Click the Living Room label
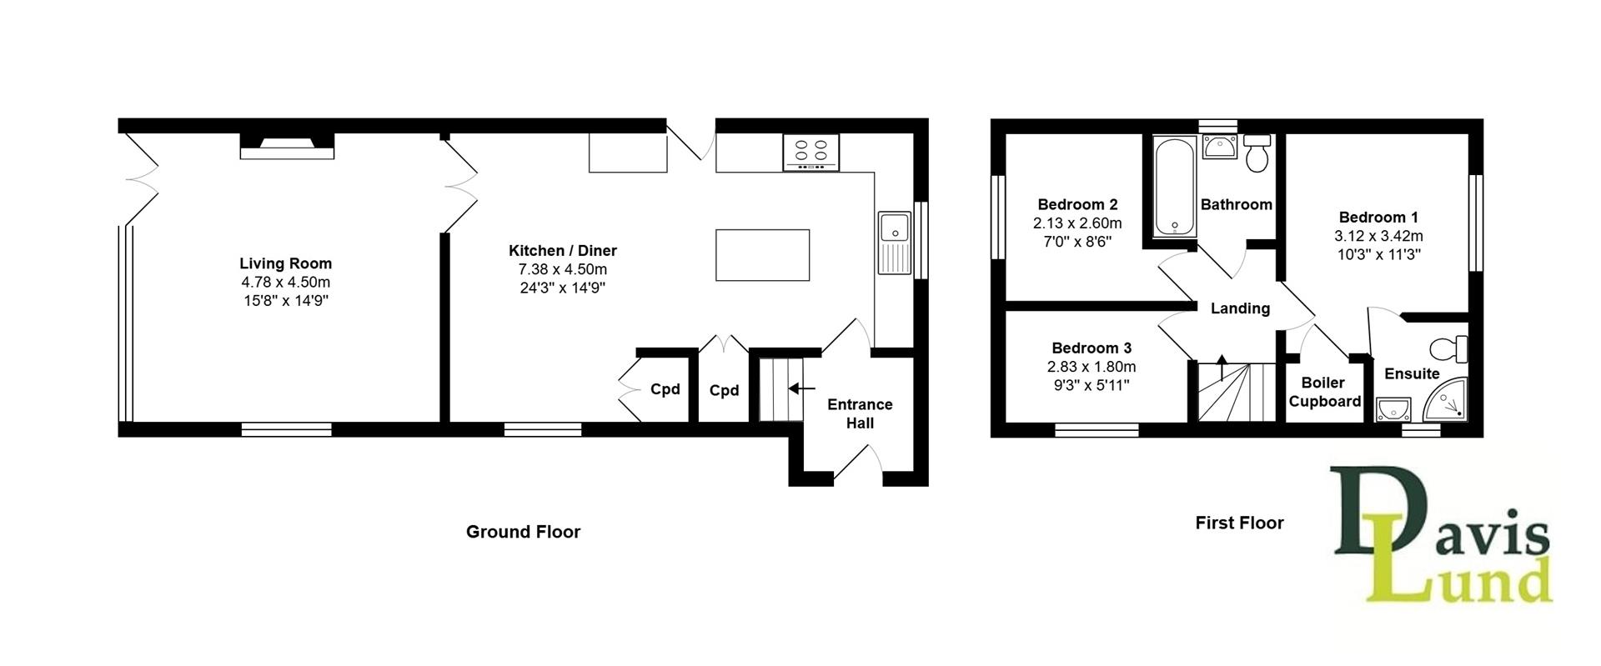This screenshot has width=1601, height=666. pyautogui.click(x=286, y=263)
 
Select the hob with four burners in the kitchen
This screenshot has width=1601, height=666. pyautogui.click(x=811, y=153)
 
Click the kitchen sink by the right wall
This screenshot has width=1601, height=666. pyautogui.click(x=895, y=243)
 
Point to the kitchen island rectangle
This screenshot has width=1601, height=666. pyautogui.click(x=762, y=255)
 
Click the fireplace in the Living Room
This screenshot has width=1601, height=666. pyautogui.click(x=287, y=147)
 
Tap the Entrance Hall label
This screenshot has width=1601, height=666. pyautogui.click(x=860, y=413)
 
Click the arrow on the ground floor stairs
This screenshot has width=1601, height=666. pyautogui.click(x=801, y=388)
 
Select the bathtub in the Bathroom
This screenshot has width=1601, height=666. pyautogui.click(x=1176, y=187)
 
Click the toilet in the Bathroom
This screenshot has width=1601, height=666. pyautogui.click(x=1257, y=153)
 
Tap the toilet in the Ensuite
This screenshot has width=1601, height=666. pyautogui.click(x=1449, y=348)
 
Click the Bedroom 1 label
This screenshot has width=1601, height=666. pyautogui.click(x=1378, y=218)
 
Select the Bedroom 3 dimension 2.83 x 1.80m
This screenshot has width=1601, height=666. pyautogui.click(x=1092, y=367)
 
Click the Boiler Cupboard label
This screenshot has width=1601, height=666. pyautogui.click(x=1324, y=392)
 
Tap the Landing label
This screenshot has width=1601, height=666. pyautogui.click(x=1240, y=308)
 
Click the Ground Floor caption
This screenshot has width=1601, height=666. pyautogui.click(x=523, y=532)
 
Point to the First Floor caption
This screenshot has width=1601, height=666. pyautogui.click(x=1239, y=523)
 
